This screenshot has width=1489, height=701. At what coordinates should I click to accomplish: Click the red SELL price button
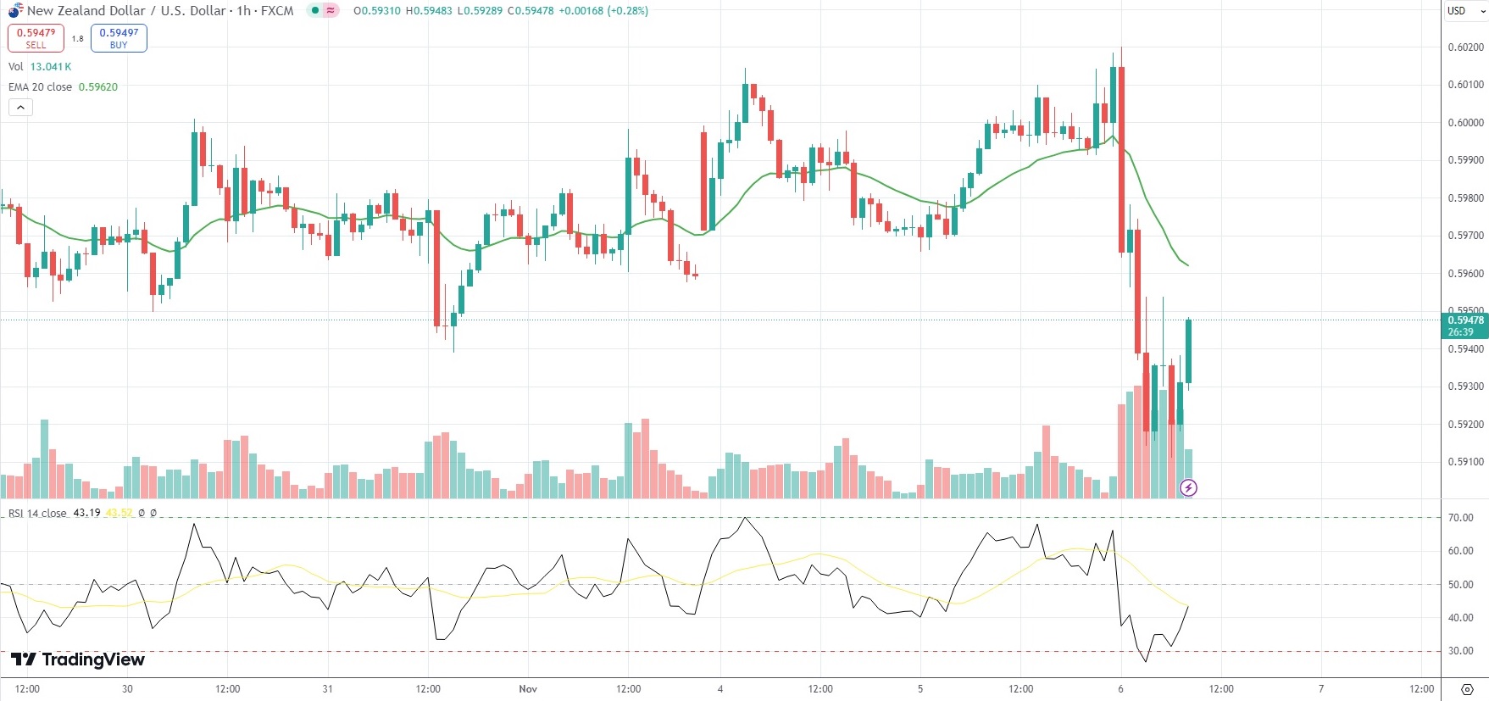pyautogui.click(x=36, y=38)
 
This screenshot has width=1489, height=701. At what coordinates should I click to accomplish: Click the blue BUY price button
pyautogui.click(x=119, y=38)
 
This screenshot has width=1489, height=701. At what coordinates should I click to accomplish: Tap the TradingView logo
pyautogui.click(x=78, y=659)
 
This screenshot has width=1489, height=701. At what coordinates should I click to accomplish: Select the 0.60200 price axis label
pyautogui.click(x=1465, y=47)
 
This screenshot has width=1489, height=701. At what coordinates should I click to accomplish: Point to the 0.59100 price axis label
pyautogui.click(x=1465, y=462)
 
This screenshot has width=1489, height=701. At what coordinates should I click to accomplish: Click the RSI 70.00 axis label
pyautogui.click(x=1461, y=518)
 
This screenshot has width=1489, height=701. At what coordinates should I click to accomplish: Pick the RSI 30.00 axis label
pyautogui.click(x=1461, y=651)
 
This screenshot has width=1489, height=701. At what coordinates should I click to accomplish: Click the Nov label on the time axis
pyautogui.click(x=528, y=689)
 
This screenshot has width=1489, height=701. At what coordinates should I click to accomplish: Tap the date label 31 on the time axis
pyautogui.click(x=327, y=689)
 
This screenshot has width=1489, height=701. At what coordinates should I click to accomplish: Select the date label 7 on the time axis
pyautogui.click(x=1321, y=689)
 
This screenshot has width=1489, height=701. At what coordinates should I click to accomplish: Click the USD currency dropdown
pyautogui.click(x=1465, y=11)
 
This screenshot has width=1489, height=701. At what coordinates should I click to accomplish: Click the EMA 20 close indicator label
pyautogui.click(x=40, y=87)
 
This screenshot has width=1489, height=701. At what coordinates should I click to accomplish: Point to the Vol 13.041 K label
pyautogui.click(x=40, y=67)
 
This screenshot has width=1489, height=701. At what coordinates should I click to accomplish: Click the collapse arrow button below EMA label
pyautogui.click(x=20, y=108)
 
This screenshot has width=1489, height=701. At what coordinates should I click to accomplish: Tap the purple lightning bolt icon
pyautogui.click(x=1188, y=487)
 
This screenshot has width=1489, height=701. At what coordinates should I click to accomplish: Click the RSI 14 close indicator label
pyautogui.click(x=37, y=514)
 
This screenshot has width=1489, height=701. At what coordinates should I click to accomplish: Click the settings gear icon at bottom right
pyautogui.click(x=1467, y=689)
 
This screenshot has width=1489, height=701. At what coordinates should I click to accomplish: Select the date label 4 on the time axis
pyautogui.click(x=720, y=689)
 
